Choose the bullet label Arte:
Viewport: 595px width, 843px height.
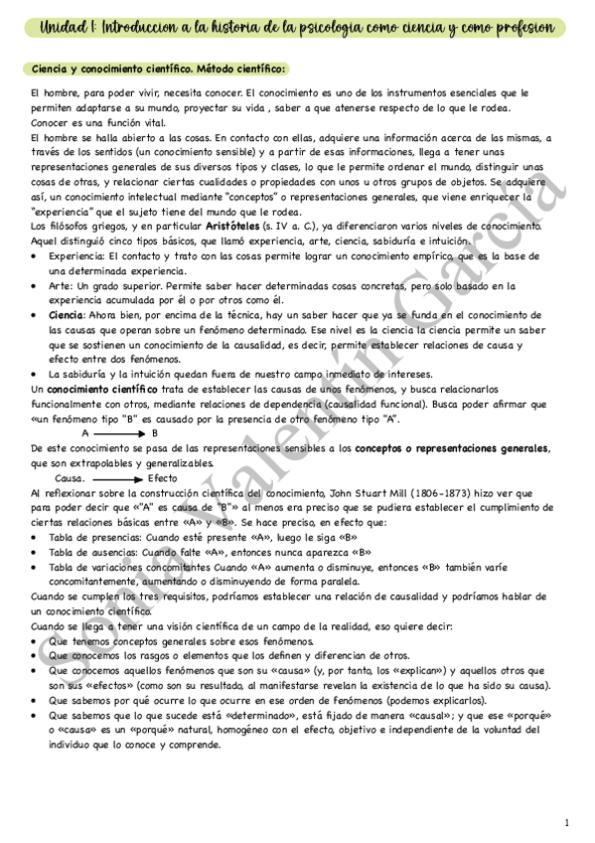pyautogui.click(x=61, y=285)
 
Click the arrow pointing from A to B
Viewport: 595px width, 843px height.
pyautogui.click(x=121, y=406)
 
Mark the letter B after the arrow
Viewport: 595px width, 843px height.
pyautogui.click(x=154, y=406)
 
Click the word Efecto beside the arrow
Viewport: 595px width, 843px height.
pyautogui.click(x=162, y=478)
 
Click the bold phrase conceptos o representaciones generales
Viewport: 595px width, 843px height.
pyautogui.click(x=438, y=448)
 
